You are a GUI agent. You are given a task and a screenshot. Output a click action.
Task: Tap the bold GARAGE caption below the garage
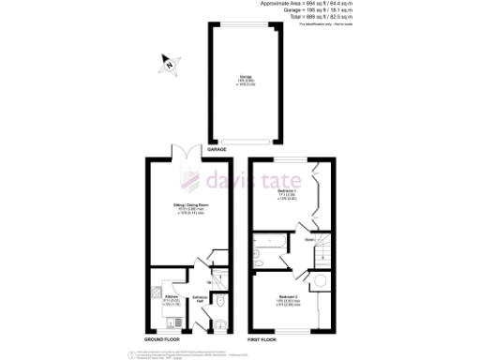[217, 149]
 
